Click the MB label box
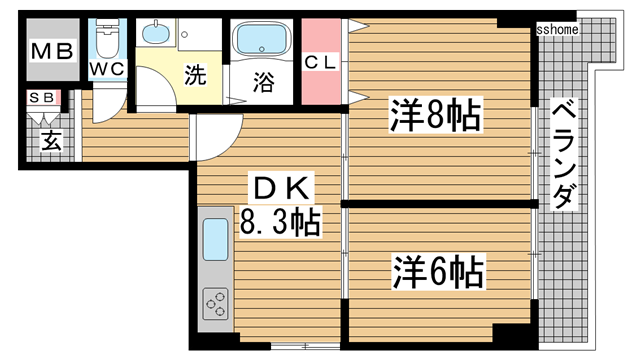(52, 51)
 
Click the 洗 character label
(198, 73)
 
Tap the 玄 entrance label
(48, 141)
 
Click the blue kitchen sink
(216, 238)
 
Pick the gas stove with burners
(216, 300)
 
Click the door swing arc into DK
(218, 140)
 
